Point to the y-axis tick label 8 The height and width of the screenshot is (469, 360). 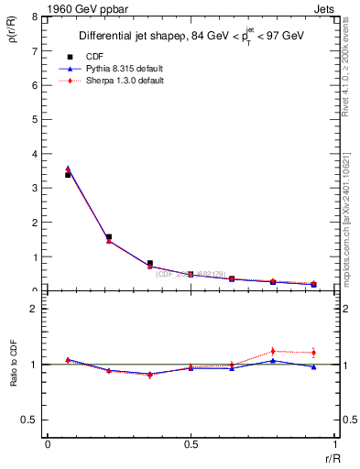pos(34,17)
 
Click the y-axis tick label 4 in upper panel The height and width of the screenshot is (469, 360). pos(34,154)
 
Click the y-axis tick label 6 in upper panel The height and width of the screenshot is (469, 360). pos(34,85)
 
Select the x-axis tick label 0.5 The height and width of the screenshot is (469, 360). pos(191,443)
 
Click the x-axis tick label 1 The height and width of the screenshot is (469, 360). pos(333,443)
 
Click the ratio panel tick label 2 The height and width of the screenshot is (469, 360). pos(34,309)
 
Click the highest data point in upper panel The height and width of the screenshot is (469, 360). pos(68,169)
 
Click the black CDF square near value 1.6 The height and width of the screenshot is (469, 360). pos(109,237)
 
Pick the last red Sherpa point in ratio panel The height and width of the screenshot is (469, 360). pos(313,353)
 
